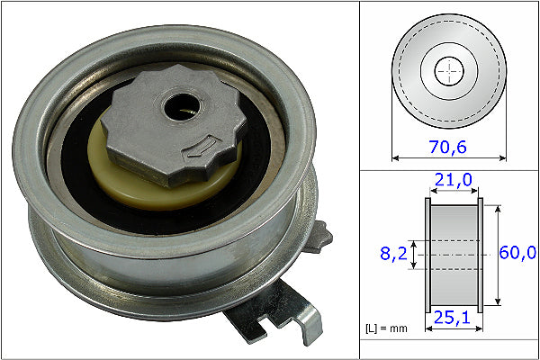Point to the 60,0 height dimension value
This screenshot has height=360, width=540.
(x=518, y=255)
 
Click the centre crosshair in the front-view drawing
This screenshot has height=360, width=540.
(x=449, y=69)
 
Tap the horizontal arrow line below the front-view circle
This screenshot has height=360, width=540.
(x=449, y=157)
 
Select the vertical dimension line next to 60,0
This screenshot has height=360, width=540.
(x=498, y=255)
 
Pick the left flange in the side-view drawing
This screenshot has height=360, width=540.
(x=427, y=255)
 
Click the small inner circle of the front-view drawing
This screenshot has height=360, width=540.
(x=449, y=69)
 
